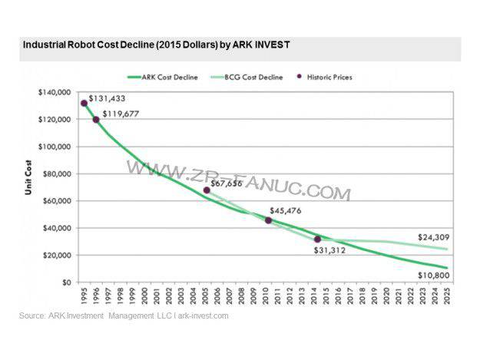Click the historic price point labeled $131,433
click(84, 104)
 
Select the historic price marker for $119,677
click(96, 119)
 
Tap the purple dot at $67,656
click(207, 190)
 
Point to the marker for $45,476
click(268, 220)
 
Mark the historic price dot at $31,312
click(317, 239)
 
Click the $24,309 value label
click(433, 237)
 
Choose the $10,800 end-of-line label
click(433, 274)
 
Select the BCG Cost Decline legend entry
click(257, 77)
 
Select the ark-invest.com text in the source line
click(202, 315)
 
